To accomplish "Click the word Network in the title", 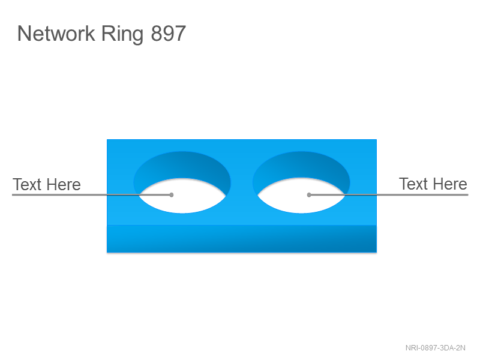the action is (56, 34).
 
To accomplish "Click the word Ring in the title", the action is (122, 34).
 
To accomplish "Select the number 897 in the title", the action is (169, 34).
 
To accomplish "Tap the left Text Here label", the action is (47, 185).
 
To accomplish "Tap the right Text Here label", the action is (433, 184).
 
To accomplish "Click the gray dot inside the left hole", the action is (172, 194).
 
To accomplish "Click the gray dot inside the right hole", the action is (309, 194).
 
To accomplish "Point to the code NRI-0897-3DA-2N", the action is (436, 348).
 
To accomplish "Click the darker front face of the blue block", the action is (242, 239).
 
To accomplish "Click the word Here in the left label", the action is (64, 185).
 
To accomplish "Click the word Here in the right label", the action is (451, 184).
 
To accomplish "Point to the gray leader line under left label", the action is (92, 194).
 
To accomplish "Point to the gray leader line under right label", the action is (389, 194).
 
